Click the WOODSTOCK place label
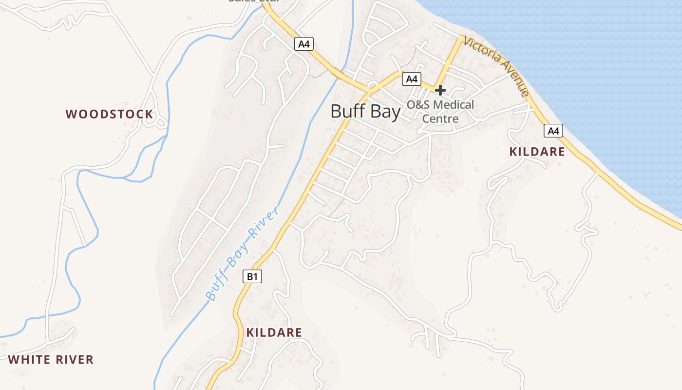coord(109,115)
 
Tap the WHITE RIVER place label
coord(51,360)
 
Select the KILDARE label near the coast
coord(537,152)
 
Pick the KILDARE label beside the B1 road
coord(274,332)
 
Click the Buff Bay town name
coord(365,111)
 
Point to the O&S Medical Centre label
coord(440,112)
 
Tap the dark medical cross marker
coord(440,90)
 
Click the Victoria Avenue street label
coord(496,66)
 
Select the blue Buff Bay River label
coord(242,253)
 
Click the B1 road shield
coord(252,277)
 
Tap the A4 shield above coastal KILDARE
coord(553,131)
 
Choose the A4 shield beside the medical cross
coord(412,78)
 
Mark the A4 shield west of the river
coord(303,44)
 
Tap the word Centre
coord(440,119)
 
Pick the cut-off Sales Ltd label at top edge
coord(253,1)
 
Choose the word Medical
coord(453,105)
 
